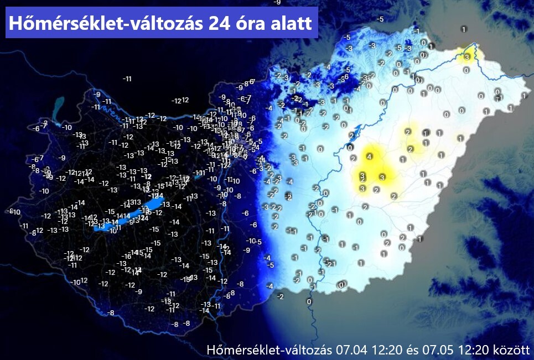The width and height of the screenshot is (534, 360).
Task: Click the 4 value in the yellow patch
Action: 369,156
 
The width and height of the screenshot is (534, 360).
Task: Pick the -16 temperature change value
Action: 127,256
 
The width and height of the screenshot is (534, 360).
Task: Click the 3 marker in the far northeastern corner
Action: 466,57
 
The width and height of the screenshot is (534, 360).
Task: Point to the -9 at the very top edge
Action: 277,2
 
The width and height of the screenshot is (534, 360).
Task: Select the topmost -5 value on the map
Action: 380,19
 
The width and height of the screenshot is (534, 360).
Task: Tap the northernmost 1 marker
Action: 463,29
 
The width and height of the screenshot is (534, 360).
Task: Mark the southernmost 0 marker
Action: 309,301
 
